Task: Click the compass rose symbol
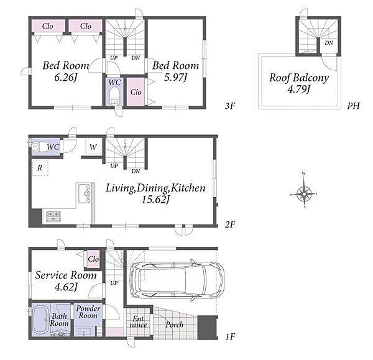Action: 304,194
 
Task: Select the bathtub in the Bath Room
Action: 40,320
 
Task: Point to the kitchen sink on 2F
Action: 84,193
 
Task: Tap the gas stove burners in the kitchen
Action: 53,216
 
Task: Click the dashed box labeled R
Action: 40,168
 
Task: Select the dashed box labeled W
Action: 93,147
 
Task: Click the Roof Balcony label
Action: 299,78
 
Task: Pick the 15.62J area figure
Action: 155,200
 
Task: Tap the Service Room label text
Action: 66,275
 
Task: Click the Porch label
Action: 174,325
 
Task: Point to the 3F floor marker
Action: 230,106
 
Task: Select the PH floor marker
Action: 353,106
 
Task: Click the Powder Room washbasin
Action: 85,331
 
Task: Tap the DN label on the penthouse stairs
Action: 329,43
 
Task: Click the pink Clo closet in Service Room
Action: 93,259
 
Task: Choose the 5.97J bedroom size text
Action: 175,77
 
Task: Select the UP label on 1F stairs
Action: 114,283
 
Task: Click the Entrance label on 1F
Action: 138,321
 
